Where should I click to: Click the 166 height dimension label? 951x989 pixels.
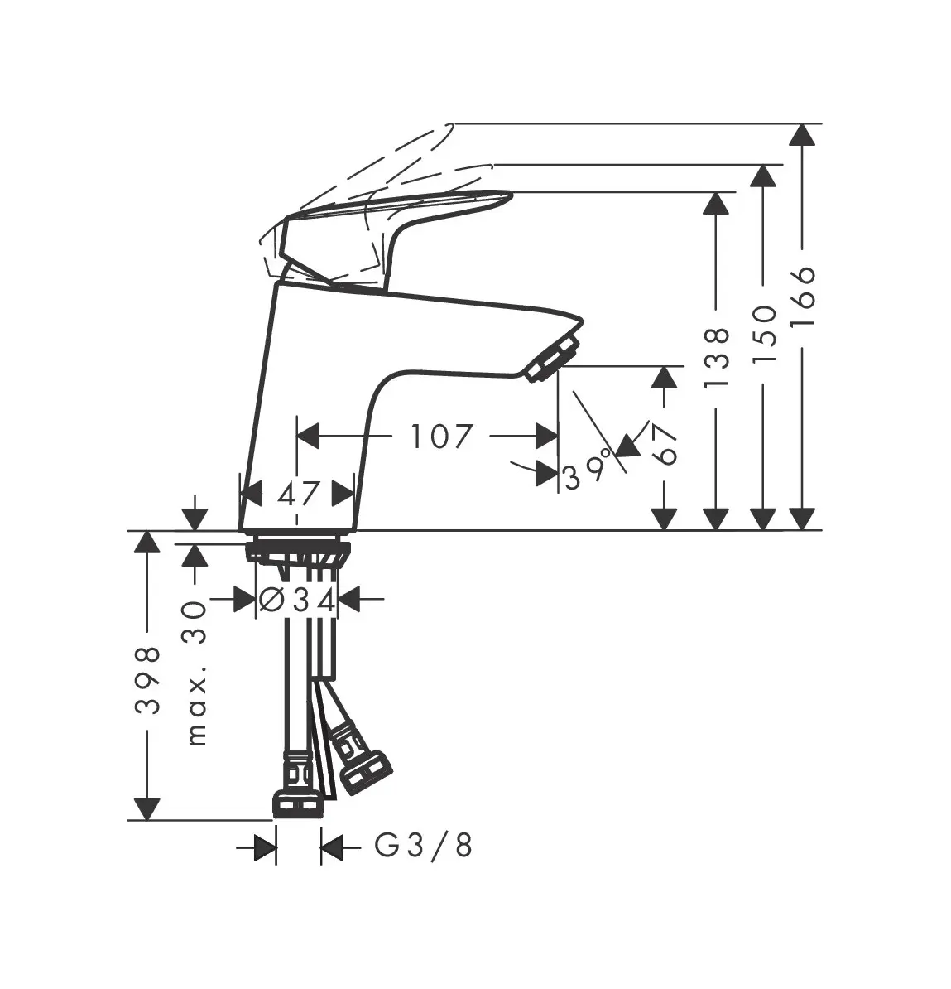tap(803, 296)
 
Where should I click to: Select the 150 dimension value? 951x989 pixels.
tap(764, 334)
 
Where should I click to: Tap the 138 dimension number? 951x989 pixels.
tap(717, 357)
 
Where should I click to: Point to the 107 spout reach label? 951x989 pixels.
tap(440, 437)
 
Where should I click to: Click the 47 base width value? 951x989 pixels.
tap(299, 494)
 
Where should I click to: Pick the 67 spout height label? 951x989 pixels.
tap(665, 444)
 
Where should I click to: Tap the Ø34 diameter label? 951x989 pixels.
tap(297, 601)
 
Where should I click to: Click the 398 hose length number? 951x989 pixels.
tap(147, 679)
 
